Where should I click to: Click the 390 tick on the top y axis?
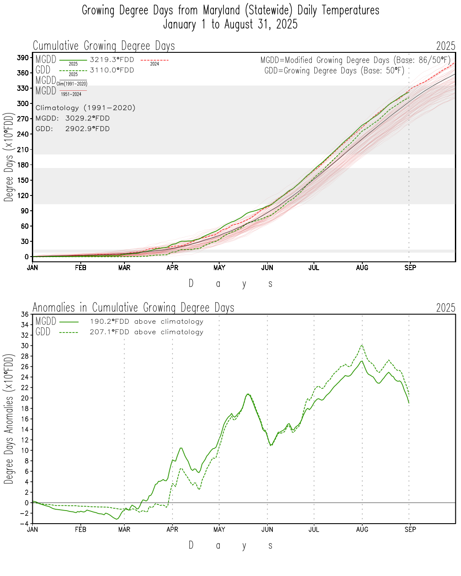(23, 58)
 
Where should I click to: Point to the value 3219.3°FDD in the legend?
(112, 60)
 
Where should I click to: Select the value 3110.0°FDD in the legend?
(112, 70)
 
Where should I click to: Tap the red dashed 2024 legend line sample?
(155, 60)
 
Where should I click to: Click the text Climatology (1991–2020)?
(86, 108)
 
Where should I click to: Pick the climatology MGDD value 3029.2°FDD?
(87, 118)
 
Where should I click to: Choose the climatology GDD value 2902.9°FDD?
(87, 129)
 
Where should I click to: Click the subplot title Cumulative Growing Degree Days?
(104, 46)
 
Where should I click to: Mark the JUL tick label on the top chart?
(314, 267)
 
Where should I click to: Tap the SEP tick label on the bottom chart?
(410, 529)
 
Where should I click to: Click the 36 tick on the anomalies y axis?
(24, 314)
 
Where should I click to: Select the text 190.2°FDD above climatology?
(147, 322)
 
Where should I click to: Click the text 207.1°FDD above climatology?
(147, 332)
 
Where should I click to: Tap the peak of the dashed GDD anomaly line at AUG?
(362, 345)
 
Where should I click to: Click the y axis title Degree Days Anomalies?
(9, 419)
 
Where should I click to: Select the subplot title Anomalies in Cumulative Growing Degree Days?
(134, 308)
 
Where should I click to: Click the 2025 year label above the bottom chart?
(446, 308)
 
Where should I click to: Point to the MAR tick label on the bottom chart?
(124, 529)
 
